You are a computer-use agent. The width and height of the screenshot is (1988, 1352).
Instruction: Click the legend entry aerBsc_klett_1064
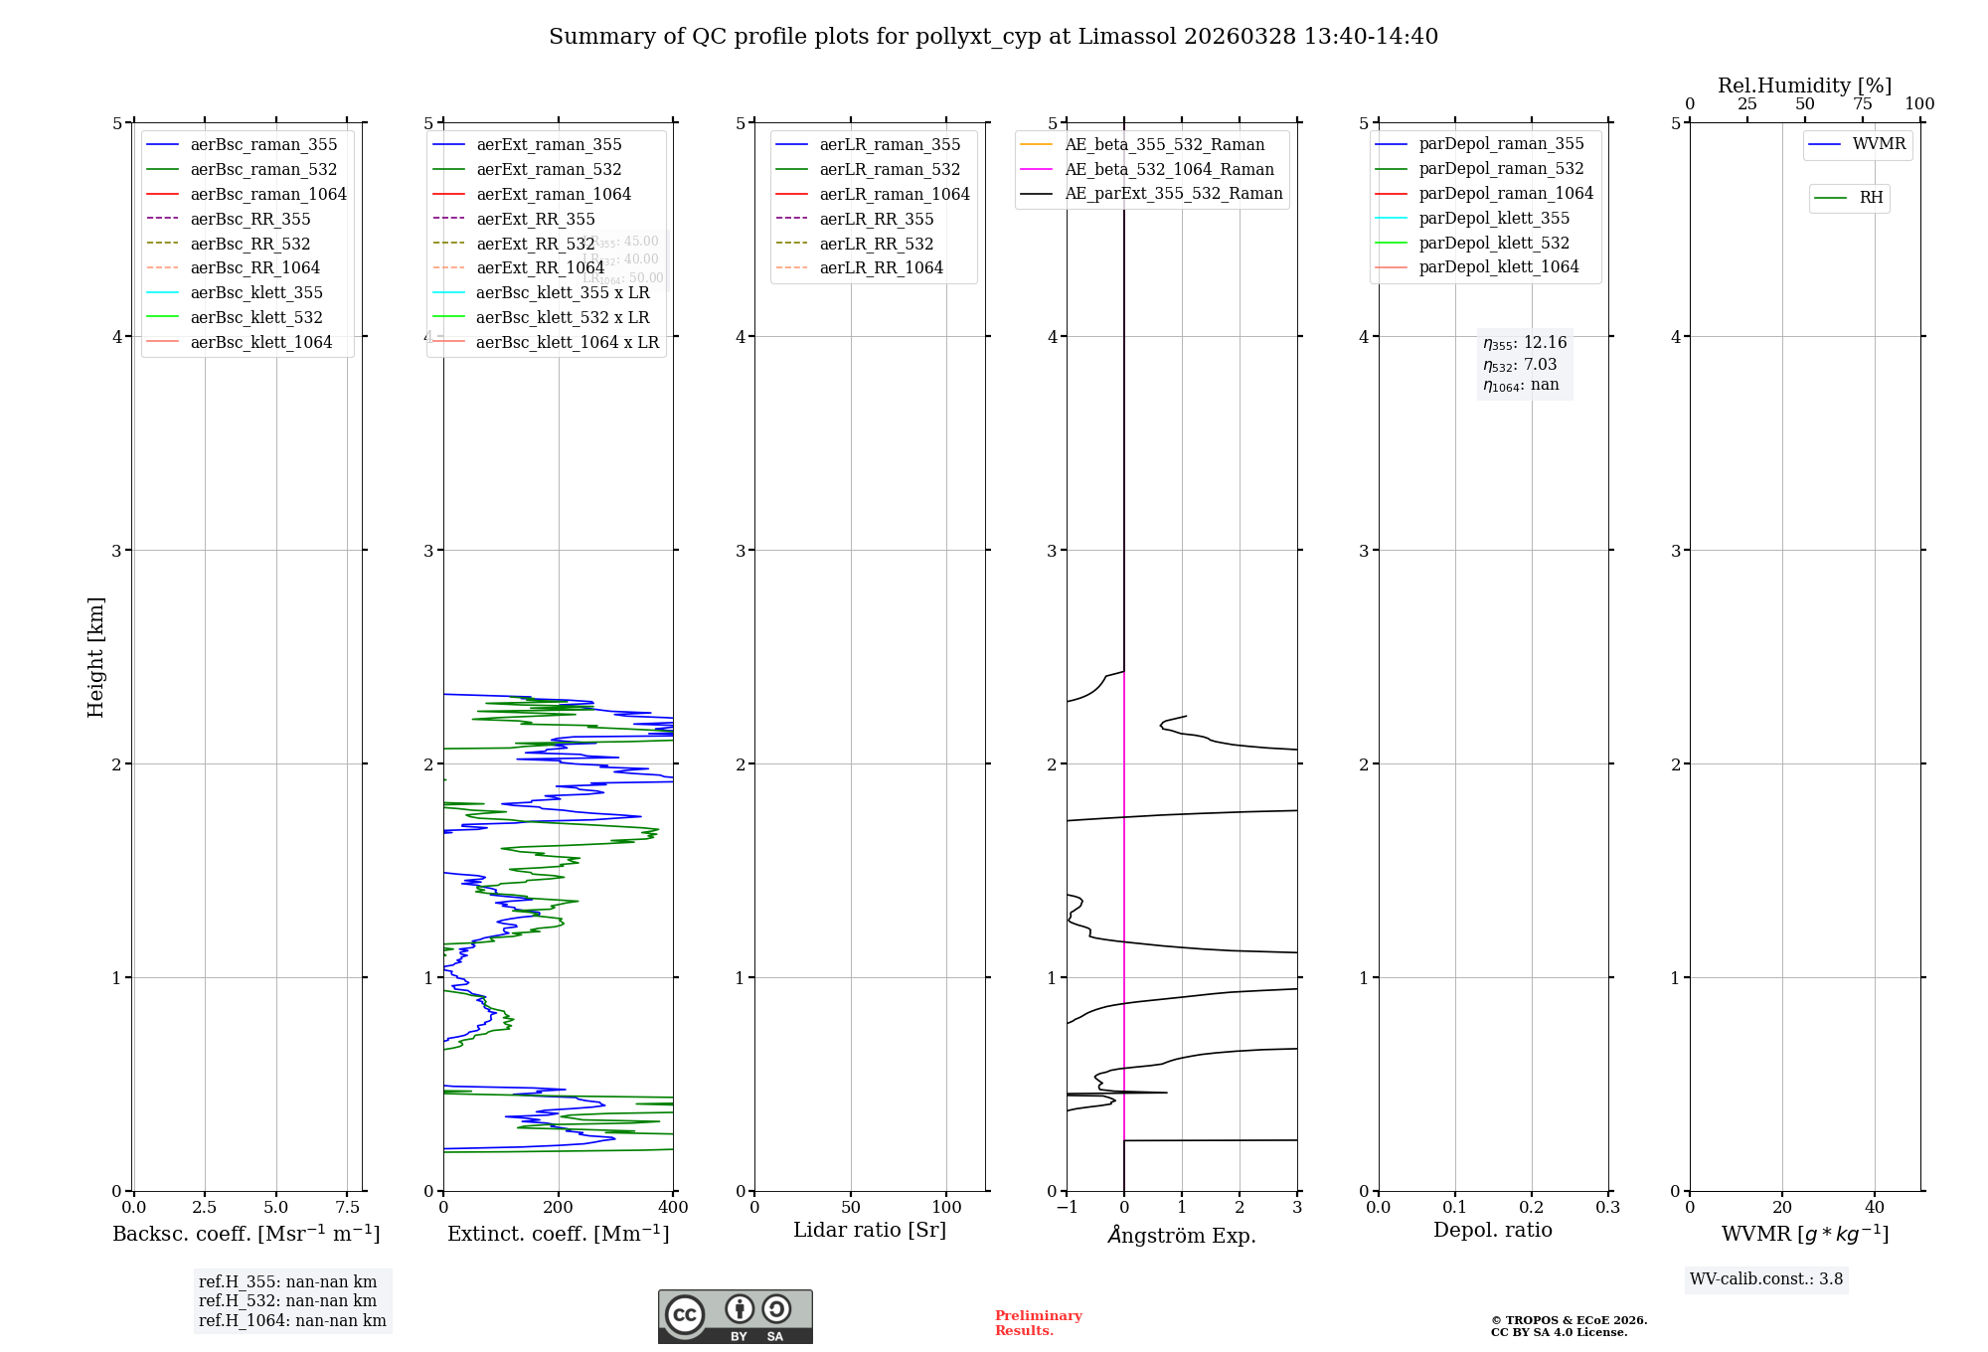pyautogui.click(x=260, y=342)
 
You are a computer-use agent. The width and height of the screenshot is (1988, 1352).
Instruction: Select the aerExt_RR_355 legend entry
pyautogui.click(x=535, y=219)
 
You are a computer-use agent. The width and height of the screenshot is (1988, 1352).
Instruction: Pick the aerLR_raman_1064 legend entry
pyautogui.click(x=894, y=194)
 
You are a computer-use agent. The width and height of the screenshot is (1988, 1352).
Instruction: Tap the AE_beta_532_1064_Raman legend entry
pyautogui.click(x=1169, y=169)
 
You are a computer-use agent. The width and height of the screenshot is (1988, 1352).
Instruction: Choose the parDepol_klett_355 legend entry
pyautogui.click(x=1494, y=218)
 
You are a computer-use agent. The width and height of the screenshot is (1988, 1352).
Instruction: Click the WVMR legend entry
pyautogui.click(x=1879, y=144)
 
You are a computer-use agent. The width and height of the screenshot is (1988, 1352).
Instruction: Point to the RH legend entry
pyautogui.click(x=1871, y=198)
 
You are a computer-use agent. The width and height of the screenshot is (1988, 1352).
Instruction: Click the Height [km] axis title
pyautogui.click(x=95, y=656)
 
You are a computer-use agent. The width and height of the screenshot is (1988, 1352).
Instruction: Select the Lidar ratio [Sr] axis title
pyautogui.click(x=870, y=1230)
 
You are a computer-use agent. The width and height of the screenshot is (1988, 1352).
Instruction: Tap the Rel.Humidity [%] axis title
pyautogui.click(x=1804, y=85)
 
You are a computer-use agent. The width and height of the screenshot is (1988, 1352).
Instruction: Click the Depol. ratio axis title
pyautogui.click(x=1492, y=1230)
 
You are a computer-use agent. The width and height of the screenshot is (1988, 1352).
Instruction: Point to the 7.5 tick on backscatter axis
pyautogui.click(x=347, y=1207)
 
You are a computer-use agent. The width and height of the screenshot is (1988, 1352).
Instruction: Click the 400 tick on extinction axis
pyautogui.click(x=673, y=1207)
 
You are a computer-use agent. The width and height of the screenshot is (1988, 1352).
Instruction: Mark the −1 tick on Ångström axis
pyautogui.click(x=1067, y=1207)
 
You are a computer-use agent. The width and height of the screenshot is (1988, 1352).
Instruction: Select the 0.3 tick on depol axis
pyautogui.click(x=1607, y=1207)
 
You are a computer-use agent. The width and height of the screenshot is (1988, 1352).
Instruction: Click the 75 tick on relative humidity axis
pyautogui.click(x=1862, y=104)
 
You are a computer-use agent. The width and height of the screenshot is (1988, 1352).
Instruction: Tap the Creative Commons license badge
pyautogui.click(x=735, y=1316)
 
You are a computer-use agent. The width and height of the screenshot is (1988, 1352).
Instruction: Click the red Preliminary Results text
pyautogui.click(x=1038, y=1322)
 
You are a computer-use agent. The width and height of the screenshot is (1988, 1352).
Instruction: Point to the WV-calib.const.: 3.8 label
pyautogui.click(x=1765, y=1278)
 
